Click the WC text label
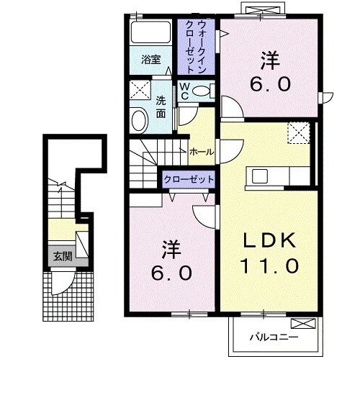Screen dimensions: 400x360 pos(184,91)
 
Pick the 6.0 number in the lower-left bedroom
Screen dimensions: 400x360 pos(170,274)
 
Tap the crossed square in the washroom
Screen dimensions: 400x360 pos(139,91)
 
